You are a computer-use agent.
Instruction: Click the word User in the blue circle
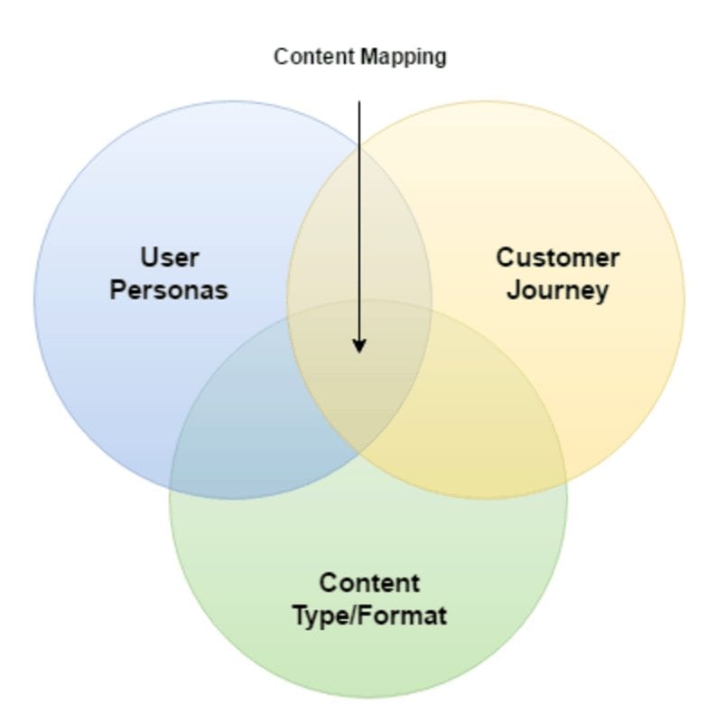[169, 258]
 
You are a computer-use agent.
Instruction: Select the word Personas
[169, 290]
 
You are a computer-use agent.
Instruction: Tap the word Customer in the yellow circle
[557, 258]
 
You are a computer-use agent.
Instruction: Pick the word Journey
[557, 290]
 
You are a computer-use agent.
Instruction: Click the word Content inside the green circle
[369, 583]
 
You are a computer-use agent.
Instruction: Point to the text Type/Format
[369, 616]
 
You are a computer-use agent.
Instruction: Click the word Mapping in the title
[403, 57]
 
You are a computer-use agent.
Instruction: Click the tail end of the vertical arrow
[359, 103]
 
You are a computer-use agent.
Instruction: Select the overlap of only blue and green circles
[244, 434]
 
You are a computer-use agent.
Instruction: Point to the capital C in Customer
[504, 258]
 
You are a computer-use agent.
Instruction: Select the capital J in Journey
[512, 290]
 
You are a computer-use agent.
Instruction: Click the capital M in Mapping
[367, 57]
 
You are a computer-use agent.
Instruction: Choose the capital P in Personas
[117, 290]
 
